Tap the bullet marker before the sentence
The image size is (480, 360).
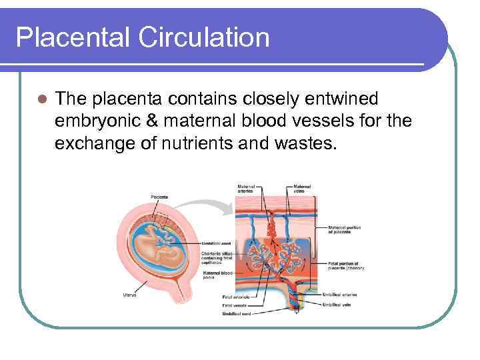42,100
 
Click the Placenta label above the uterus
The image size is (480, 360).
159,197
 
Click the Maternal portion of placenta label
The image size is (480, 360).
343,231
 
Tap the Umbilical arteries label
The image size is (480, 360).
340,293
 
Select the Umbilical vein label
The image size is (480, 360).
336,304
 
